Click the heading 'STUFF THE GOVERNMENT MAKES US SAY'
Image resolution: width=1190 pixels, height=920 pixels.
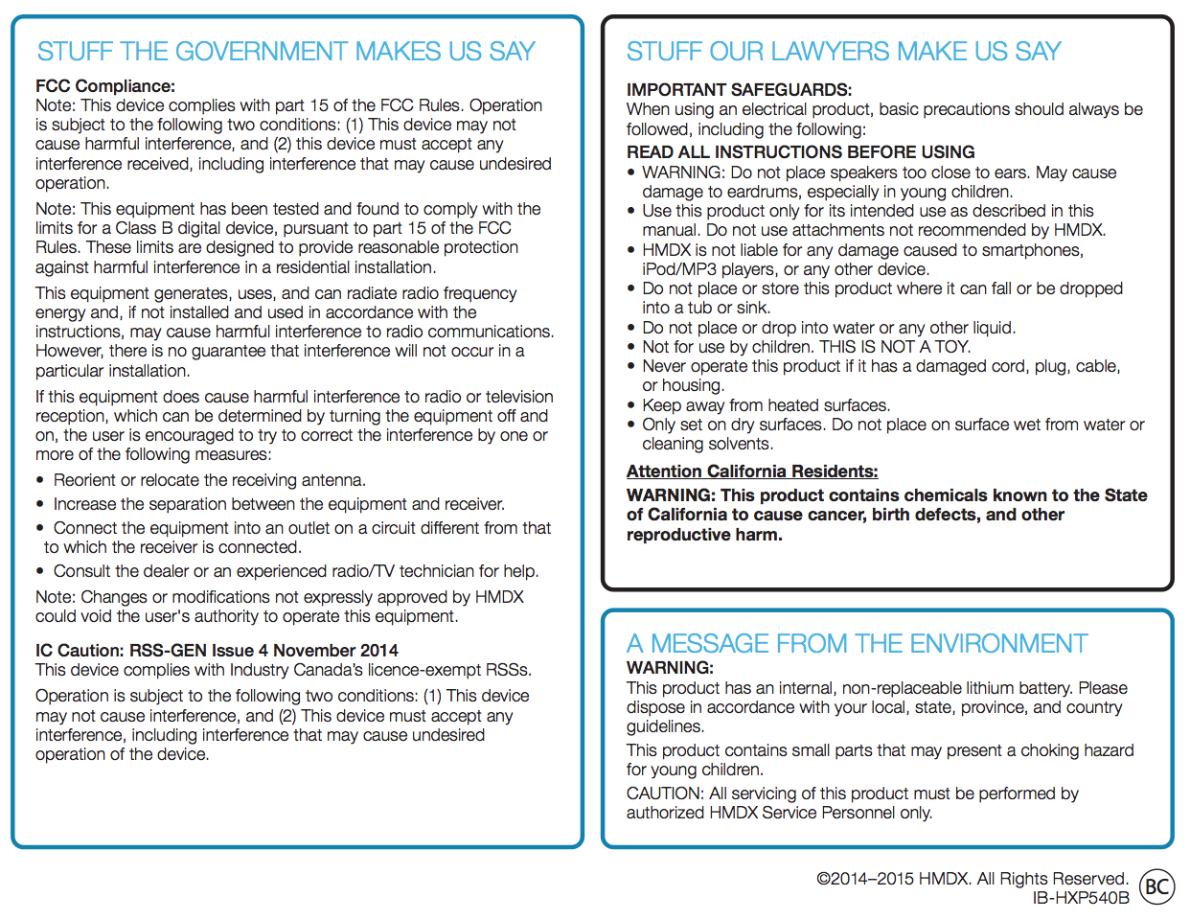286,52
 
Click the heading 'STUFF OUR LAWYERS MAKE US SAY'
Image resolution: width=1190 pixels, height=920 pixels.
843,52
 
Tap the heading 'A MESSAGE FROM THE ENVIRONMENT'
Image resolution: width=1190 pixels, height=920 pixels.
857,643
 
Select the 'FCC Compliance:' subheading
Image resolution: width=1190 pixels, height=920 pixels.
105,86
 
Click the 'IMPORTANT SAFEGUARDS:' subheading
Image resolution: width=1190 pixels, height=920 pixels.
739,90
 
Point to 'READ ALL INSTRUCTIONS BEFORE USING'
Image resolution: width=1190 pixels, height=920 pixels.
800,152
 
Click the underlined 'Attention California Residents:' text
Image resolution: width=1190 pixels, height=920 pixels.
752,471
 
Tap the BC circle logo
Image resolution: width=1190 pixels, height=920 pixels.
1156,886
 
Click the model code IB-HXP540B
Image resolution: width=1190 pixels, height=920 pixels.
1081,899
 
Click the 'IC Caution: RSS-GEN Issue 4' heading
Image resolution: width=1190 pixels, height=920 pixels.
217,651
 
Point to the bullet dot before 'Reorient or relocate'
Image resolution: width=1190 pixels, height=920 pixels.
40,481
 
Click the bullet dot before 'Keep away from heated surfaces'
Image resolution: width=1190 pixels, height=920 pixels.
630,406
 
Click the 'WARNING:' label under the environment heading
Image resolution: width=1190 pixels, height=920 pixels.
670,668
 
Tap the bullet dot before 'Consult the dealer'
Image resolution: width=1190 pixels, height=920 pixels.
40,572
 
